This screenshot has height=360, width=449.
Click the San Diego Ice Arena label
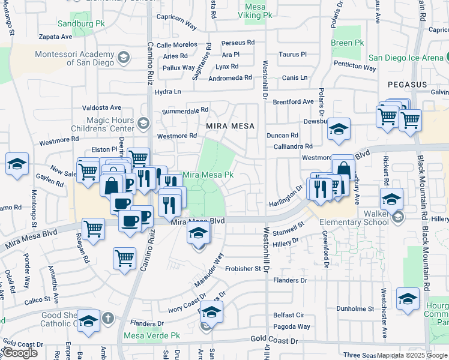(x=406, y=58)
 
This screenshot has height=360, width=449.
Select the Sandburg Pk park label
(x=81, y=24)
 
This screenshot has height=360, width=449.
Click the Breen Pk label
(x=348, y=43)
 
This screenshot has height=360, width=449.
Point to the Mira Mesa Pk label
(x=208, y=175)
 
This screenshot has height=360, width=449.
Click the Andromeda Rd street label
(x=230, y=78)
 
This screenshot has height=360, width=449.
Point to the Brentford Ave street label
(x=294, y=102)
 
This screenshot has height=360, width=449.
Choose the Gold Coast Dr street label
(x=274, y=340)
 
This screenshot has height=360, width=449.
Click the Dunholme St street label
(x=355, y=309)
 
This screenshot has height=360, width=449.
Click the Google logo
(x=20, y=353)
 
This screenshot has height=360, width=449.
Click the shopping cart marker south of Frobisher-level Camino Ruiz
(x=124, y=259)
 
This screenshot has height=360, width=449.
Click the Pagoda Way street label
(x=292, y=326)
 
